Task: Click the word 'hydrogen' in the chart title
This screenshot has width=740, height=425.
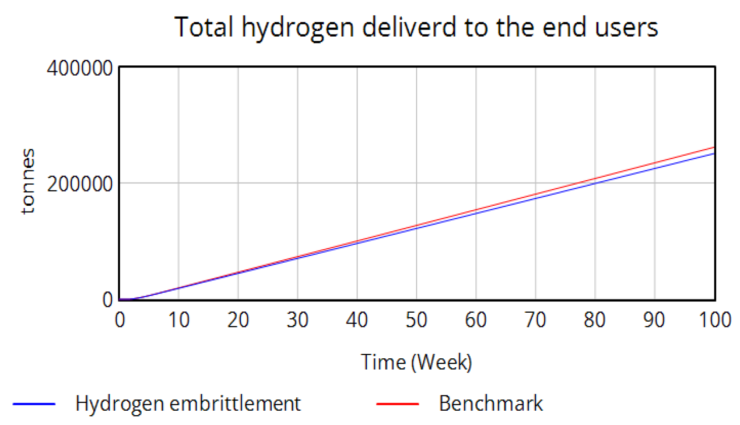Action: point(298,28)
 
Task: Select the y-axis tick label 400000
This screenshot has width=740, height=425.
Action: point(80,68)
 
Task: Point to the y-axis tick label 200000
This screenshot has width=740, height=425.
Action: point(80,183)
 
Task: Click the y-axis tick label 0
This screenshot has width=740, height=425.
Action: point(107,299)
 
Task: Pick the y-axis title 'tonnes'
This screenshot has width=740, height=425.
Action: point(28,181)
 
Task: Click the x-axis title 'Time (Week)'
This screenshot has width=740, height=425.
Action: point(416,361)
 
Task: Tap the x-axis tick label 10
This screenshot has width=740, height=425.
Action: point(179,320)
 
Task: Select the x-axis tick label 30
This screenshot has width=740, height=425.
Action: point(298,320)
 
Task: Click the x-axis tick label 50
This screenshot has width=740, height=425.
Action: point(416,320)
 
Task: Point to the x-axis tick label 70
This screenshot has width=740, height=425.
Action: point(535,320)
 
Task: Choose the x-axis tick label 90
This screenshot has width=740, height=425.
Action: point(654,320)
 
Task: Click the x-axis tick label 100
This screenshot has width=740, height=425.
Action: point(715,320)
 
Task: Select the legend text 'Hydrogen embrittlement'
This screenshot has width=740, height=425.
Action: point(188,404)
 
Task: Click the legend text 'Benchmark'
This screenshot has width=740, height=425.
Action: point(491,404)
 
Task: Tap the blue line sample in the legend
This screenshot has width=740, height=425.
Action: point(34,404)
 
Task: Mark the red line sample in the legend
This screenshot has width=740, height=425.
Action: point(397,404)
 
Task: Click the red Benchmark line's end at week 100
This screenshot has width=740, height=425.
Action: point(714,147)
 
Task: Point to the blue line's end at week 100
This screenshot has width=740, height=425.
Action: point(714,154)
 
